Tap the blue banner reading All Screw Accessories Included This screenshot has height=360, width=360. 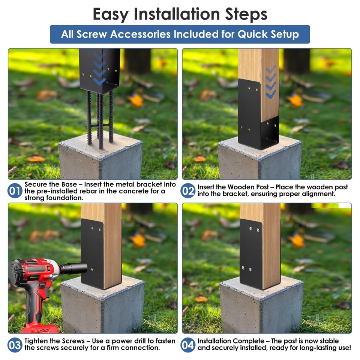[x=180, y=34]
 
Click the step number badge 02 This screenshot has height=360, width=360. [x=188, y=191]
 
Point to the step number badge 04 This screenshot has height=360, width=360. [x=188, y=345]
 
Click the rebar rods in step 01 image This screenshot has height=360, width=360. [x=100, y=116]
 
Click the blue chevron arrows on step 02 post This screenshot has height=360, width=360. [x=270, y=82]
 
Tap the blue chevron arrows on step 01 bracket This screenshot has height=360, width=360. [x=99, y=67]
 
